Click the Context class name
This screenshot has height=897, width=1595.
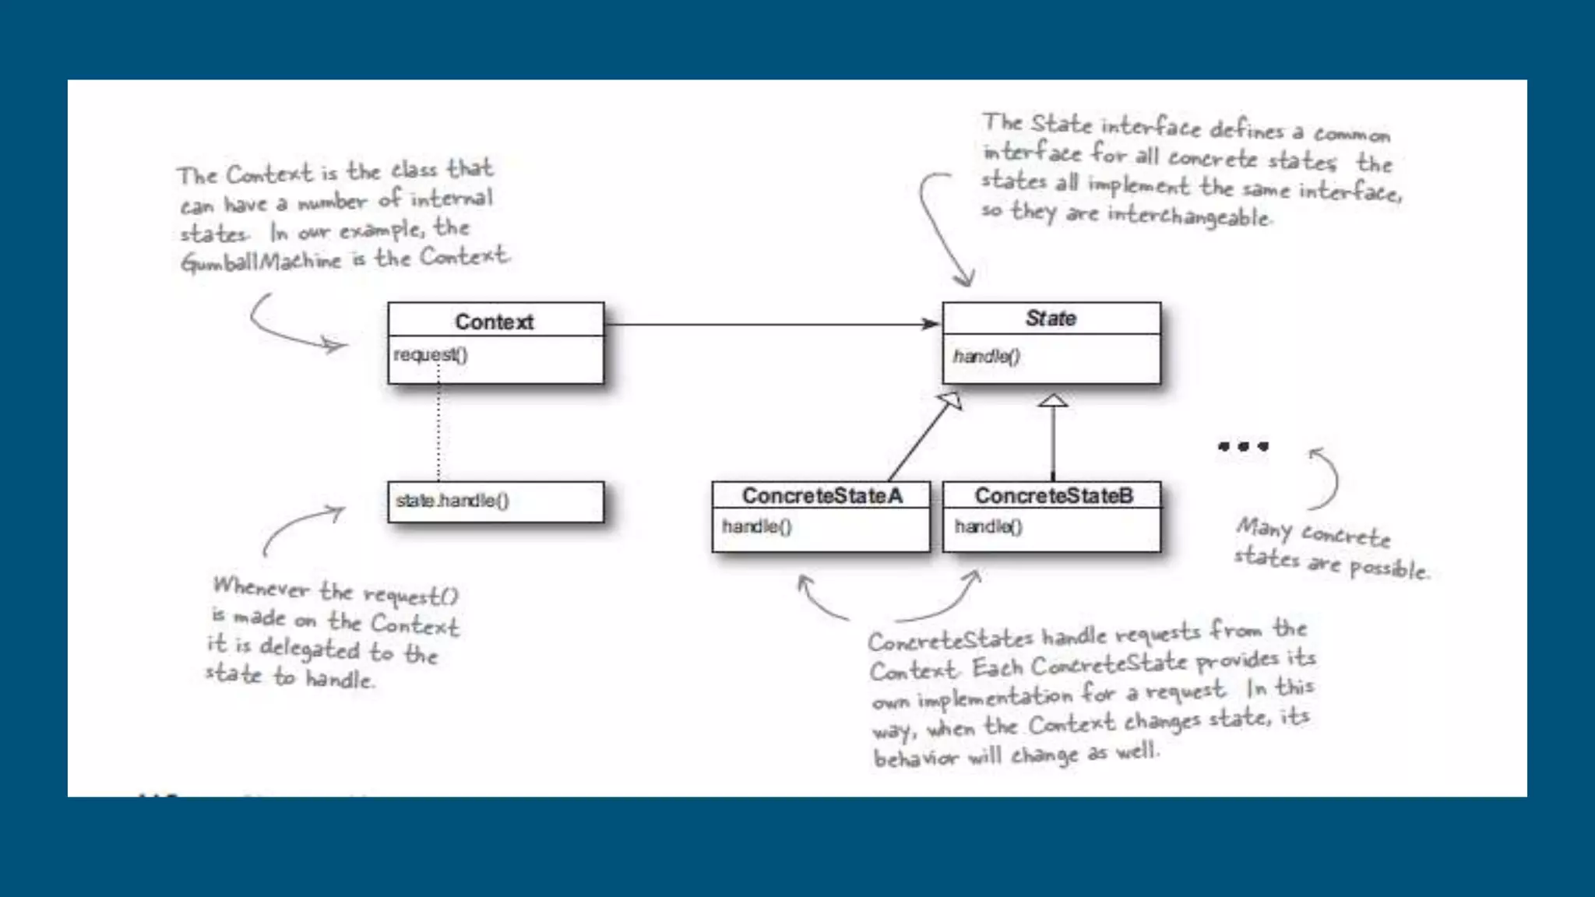[x=494, y=322]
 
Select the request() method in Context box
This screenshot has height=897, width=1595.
[x=431, y=355]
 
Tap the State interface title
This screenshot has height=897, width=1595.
[x=1051, y=318]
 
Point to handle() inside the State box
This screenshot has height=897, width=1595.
[x=986, y=357]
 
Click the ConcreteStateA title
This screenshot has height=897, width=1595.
[x=822, y=496]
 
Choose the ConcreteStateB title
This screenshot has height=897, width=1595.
[x=1054, y=496]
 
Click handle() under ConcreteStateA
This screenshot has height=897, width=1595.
[x=756, y=527]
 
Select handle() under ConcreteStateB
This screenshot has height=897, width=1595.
[x=988, y=527]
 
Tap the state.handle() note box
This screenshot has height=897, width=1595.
[x=495, y=501]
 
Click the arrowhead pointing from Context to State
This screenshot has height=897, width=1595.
[x=931, y=324]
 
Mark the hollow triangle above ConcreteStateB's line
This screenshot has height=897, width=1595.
[x=1053, y=400]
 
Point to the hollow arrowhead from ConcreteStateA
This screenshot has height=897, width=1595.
[x=952, y=400]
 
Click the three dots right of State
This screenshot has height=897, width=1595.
[x=1243, y=446]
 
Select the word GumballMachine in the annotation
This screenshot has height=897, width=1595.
[x=261, y=262]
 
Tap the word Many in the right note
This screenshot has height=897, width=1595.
[x=1263, y=529]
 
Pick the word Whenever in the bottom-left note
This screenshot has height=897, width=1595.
[x=261, y=588]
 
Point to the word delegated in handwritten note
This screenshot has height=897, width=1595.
[x=309, y=648]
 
